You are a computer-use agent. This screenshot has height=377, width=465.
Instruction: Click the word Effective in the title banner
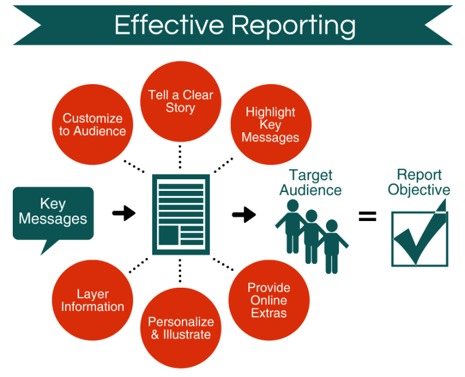click(168, 26)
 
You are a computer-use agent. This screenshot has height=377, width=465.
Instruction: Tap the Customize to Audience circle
click(92, 125)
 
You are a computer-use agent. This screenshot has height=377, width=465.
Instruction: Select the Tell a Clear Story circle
click(180, 101)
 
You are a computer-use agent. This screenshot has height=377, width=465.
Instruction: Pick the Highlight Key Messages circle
click(270, 124)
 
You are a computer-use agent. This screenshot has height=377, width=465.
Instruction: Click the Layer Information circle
click(92, 300)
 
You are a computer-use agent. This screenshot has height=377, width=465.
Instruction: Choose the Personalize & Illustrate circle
click(180, 328)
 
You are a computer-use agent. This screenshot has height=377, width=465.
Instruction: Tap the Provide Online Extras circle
click(269, 300)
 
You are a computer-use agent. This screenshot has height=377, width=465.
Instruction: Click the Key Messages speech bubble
click(53, 213)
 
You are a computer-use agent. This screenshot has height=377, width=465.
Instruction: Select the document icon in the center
click(181, 214)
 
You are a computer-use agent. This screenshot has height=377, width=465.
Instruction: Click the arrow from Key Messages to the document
click(123, 213)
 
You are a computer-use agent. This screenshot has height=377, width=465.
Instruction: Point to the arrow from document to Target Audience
click(244, 215)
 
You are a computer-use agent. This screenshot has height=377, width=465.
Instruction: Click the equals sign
click(367, 217)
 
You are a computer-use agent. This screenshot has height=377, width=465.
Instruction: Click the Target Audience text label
click(310, 182)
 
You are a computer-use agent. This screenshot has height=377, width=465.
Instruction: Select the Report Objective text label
click(419, 182)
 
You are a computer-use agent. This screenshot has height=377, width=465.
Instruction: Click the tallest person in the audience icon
click(292, 226)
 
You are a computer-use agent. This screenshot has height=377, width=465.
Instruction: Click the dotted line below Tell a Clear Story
click(180, 156)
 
